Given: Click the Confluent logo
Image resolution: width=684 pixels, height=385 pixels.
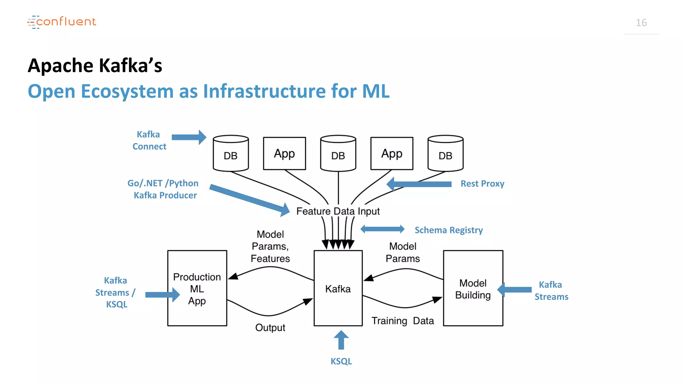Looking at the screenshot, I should click(62, 22).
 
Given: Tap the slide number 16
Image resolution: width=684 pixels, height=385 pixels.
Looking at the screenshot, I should click(641, 23).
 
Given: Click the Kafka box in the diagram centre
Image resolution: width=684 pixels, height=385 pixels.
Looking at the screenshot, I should click(338, 288).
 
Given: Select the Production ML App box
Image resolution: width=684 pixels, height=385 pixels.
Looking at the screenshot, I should click(197, 288).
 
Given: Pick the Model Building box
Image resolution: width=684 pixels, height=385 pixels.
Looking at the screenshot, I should click(473, 288).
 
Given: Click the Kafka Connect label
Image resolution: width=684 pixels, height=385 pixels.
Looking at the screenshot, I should click(149, 140).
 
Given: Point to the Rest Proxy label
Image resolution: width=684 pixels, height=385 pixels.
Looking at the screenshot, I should click(482, 184).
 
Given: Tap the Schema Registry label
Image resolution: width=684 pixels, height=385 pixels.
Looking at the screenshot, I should click(449, 230).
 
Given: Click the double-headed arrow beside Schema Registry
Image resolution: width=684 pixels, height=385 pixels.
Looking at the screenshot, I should click(382, 229).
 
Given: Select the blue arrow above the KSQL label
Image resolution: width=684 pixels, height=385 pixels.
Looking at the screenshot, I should click(341, 340).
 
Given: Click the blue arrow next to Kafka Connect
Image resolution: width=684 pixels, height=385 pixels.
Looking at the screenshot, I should click(189, 137).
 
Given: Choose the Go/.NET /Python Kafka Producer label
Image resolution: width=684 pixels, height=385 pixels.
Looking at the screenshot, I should click(163, 189).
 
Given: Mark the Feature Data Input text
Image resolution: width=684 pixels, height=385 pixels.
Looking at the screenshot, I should click(338, 211).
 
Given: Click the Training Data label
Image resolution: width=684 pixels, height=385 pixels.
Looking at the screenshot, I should click(402, 321).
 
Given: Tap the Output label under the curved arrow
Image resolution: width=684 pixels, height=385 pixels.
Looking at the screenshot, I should click(270, 328).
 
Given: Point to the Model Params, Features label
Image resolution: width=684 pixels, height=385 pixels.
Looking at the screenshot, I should click(270, 246).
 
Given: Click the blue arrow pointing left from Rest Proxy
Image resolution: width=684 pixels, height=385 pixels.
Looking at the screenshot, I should click(419, 184).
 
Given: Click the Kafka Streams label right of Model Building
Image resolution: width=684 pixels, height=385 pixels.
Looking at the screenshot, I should click(551, 291).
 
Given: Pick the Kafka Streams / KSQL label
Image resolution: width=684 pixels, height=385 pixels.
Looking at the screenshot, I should click(116, 292).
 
